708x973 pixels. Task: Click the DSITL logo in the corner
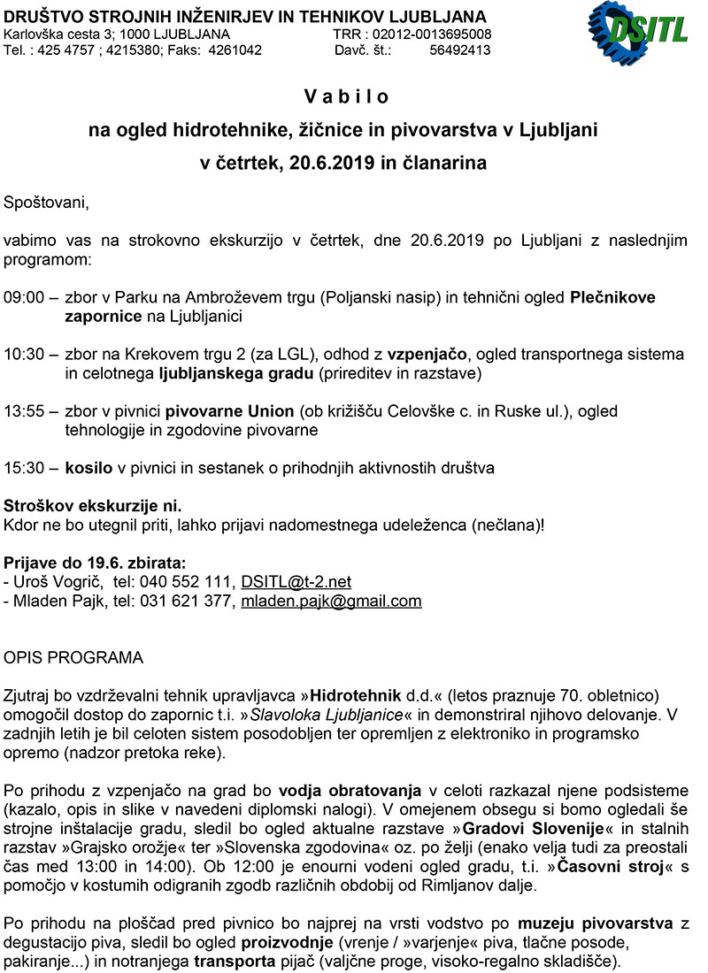pyautogui.click(x=638, y=32)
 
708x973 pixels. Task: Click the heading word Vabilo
pyautogui.click(x=347, y=96)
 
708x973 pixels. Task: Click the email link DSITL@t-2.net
pyautogui.click(x=296, y=582)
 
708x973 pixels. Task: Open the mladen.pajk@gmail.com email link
pyautogui.click(x=331, y=601)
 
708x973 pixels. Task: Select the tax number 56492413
pyautogui.click(x=459, y=50)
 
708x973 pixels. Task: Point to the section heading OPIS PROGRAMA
pyautogui.click(x=73, y=659)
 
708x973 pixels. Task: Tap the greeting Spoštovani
pyautogui.click(x=47, y=203)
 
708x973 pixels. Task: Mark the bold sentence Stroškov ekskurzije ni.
pyautogui.click(x=93, y=506)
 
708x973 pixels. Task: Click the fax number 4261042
pyautogui.click(x=235, y=50)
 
